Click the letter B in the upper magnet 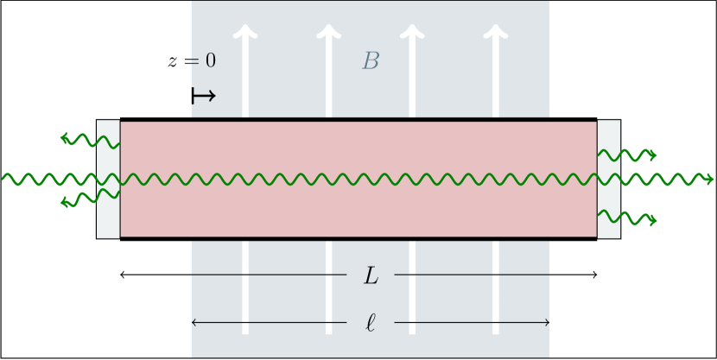point(371,61)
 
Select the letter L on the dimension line point(371,275)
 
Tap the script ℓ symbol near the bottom point(371,324)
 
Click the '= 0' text point(203,61)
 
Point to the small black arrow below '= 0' point(203,96)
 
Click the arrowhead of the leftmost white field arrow point(246,33)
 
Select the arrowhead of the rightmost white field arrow point(495,33)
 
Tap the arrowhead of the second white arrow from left point(327,33)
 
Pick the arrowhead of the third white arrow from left point(412,33)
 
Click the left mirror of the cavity point(108,179)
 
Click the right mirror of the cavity point(608,179)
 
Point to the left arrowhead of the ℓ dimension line point(194,323)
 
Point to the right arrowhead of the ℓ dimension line point(547,323)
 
